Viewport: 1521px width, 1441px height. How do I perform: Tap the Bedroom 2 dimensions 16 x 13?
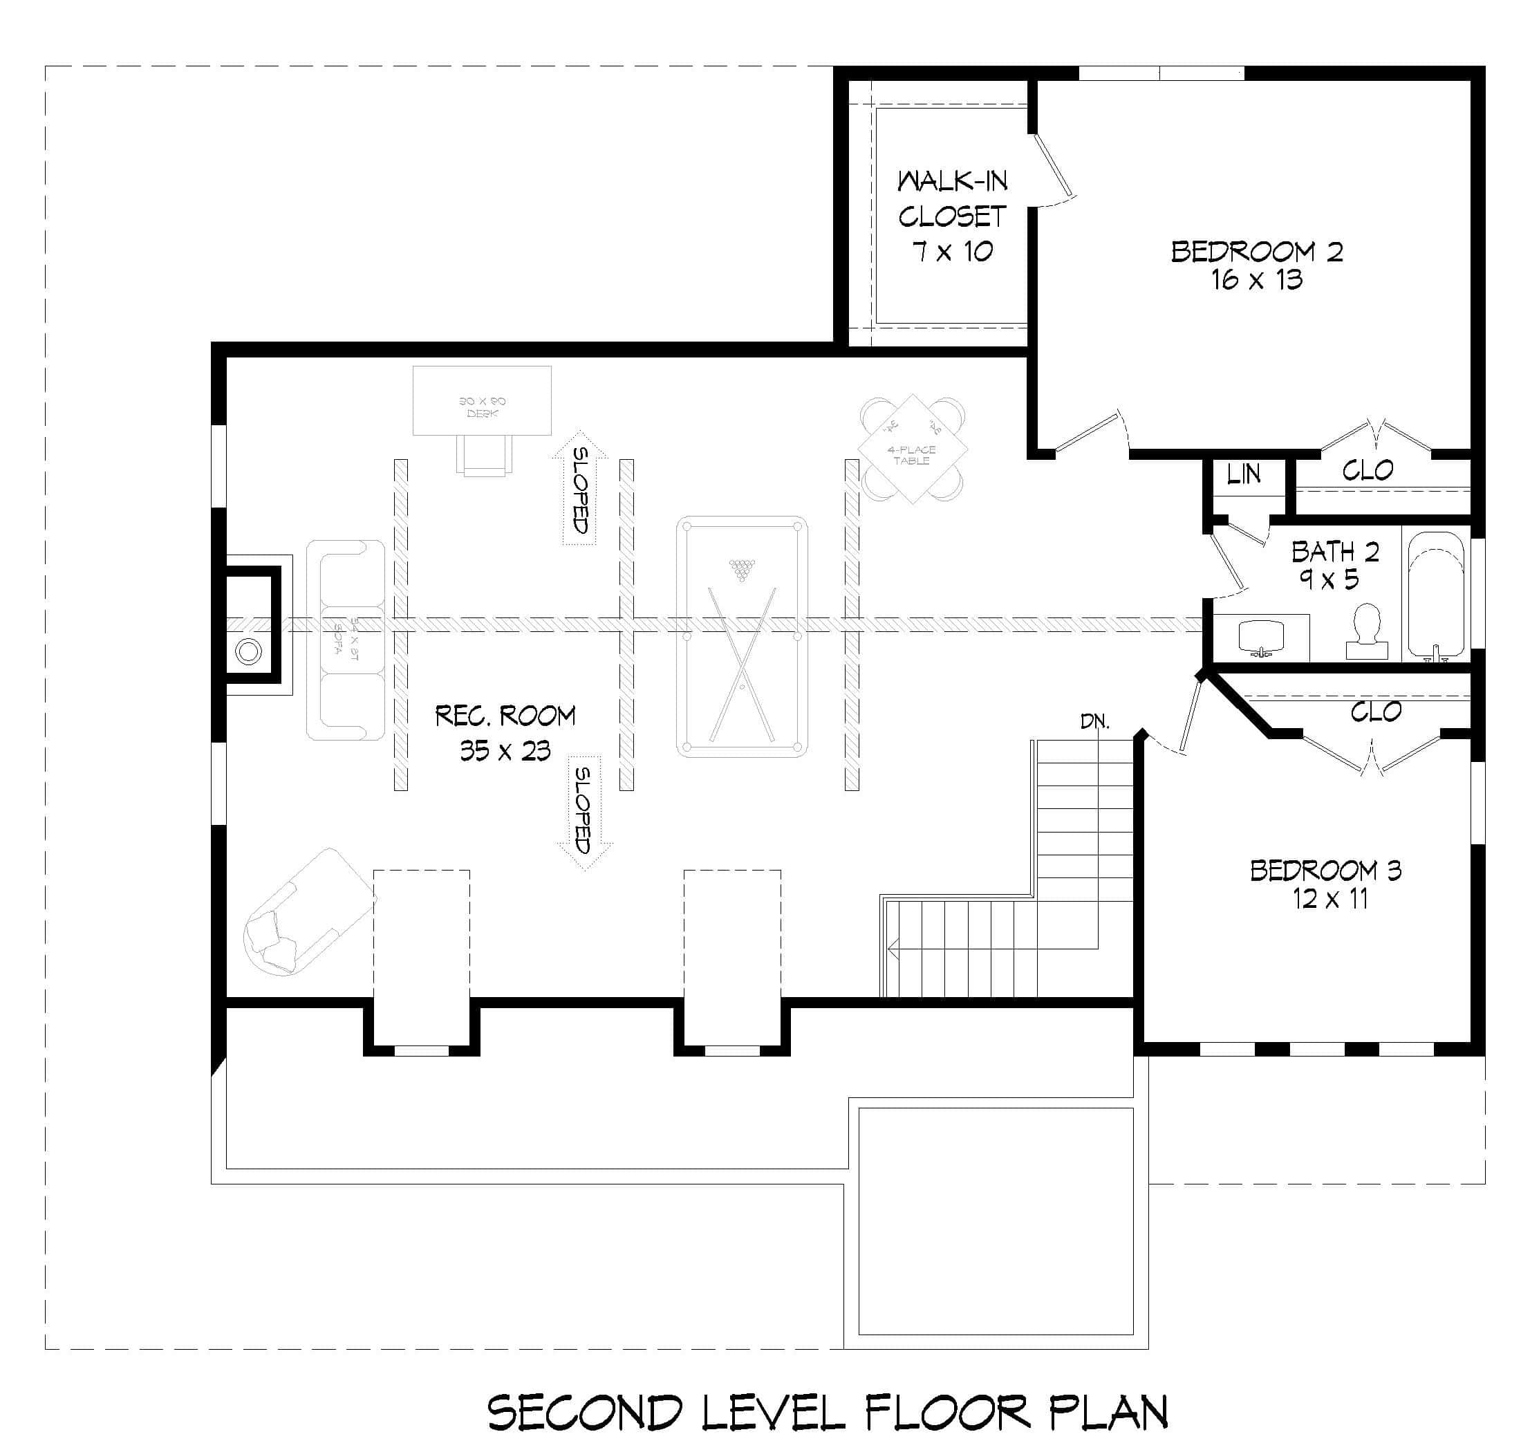(1257, 280)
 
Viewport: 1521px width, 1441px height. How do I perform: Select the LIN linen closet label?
(1243, 475)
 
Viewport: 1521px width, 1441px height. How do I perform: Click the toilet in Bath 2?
(1367, 632)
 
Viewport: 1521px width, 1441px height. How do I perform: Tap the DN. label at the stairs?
(1094, 721)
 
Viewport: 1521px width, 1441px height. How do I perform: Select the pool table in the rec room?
(741, 637)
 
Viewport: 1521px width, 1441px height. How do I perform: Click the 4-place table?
(912, 449)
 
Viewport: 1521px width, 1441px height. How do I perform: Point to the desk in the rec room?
(482, 401)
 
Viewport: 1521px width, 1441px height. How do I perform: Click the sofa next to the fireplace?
(346, 640)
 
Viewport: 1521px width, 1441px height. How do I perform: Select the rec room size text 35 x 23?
(505, 750)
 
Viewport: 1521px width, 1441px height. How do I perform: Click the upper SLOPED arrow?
(580, 489)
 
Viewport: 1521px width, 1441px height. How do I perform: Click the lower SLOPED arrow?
(584, 812)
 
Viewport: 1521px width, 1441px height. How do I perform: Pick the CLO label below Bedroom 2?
(1368, 470)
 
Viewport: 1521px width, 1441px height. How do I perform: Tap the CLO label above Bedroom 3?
(1375, 712)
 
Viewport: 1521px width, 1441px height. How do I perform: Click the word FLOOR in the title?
(946, 1412)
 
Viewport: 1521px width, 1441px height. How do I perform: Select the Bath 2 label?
(1335, 552)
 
